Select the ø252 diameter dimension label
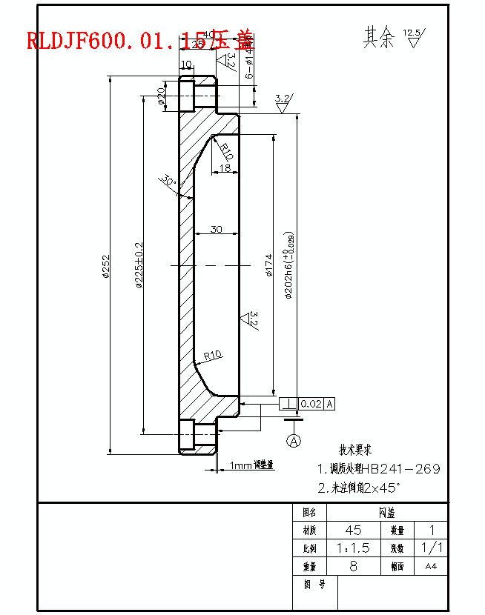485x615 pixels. (106, 266)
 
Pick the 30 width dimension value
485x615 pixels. (216, 229)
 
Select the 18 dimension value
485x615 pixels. (225, 168)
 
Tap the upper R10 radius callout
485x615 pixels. (227, 151)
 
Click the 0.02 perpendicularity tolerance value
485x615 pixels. (311, 404)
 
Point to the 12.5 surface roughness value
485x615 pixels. (411, 33)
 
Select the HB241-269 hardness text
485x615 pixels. (400, 469)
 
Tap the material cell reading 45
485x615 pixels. (354, 531)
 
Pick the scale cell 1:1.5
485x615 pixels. (354, 548)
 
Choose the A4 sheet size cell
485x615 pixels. (430, 566)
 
